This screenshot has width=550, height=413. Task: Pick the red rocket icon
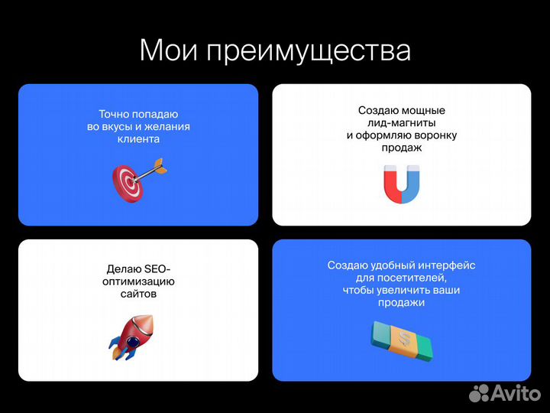132,336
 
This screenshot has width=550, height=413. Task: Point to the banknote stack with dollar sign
402,341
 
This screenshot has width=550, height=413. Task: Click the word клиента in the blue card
138,141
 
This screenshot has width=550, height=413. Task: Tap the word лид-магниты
402,123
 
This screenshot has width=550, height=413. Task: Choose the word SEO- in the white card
157,268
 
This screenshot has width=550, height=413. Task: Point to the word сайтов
138,294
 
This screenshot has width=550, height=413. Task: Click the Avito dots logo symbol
479,393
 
